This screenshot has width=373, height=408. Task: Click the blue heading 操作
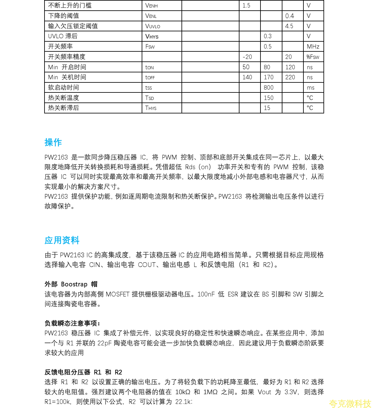point(53,143)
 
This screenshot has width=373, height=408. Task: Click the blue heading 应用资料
point(62,240)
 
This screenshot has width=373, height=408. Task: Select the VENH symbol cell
point(151,6)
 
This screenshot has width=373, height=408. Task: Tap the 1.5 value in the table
point(246,6)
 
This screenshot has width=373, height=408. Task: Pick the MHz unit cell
point(313,47)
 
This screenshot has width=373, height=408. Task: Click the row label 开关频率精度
point(67,57)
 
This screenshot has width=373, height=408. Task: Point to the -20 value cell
point(247,57)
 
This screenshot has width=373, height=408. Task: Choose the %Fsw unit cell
point(313,57)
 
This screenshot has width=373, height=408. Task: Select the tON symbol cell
point(150,67)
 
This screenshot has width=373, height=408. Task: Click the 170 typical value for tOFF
point(269,77)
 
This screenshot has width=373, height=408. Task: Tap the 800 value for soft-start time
point(269,88)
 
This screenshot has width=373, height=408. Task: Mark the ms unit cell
point(311,88)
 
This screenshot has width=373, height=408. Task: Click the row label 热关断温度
point(64,98)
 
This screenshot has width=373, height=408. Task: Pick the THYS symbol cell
point(151,108)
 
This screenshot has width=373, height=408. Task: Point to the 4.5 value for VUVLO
point(289,26)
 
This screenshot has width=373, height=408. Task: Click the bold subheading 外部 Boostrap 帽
point(71,284)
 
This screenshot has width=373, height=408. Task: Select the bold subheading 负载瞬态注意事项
point(72,323)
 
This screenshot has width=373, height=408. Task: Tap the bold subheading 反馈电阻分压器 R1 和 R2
point(83,372)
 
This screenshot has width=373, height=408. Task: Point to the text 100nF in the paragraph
point(206,294)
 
